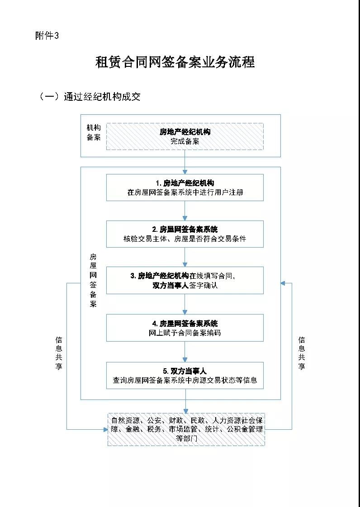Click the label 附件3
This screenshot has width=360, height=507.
coord(47,36)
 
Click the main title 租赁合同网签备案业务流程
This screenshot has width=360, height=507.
coord(175,62)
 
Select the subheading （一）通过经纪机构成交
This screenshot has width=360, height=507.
coord(90,96)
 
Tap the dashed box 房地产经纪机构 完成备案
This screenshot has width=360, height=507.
coord(185,136)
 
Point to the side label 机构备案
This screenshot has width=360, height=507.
coord(93,132)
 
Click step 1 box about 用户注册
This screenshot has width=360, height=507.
coord(185,188)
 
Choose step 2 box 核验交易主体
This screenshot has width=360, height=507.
coord(185,234)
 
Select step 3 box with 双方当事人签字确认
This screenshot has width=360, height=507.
coord(185,280)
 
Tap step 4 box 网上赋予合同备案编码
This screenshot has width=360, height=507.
coord(185,328)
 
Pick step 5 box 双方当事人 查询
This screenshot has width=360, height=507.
coord(185,375)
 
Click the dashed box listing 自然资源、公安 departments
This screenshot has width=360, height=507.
coord(186,429)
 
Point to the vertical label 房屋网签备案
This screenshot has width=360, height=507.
coord(93,280)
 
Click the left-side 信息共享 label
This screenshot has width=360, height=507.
coord(59,353)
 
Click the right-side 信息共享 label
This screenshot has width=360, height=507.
coord(301,353)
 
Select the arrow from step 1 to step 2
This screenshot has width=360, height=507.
coord(185,211)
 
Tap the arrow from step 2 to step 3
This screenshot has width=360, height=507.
coord(185,257)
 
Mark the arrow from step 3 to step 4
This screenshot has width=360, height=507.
coord(185,304)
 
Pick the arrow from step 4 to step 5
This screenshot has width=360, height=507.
coord(185,352)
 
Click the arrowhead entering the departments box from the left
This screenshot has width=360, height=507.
coord(105,430)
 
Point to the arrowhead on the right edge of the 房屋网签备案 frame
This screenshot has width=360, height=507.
coord(283,283)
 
